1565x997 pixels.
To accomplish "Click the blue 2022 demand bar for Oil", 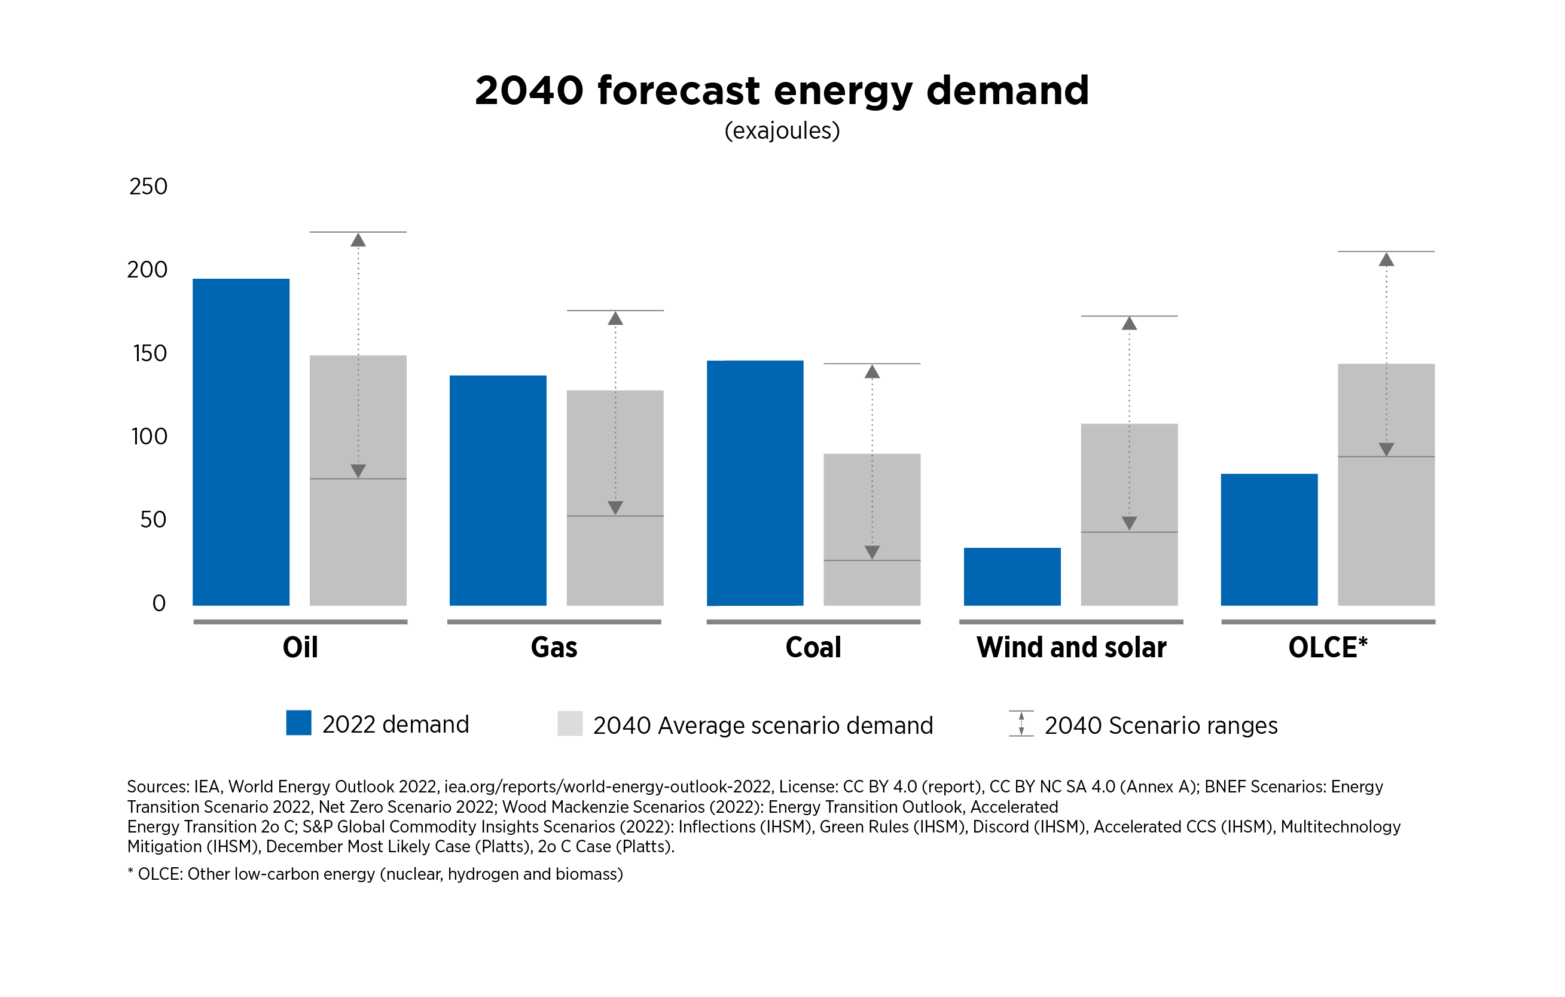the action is [x=240, y=442].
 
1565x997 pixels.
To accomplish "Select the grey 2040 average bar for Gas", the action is [x=615, y=498].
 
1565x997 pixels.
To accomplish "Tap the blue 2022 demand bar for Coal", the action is [x=755, y=483].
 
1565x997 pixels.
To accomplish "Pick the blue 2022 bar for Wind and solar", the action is [x=1012, y=577].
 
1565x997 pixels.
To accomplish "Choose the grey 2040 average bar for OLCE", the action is [x=1386, y=484].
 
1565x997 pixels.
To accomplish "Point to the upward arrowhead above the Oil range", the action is [x=358, y=240].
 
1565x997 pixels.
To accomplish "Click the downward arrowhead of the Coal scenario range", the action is [x=871, y=552].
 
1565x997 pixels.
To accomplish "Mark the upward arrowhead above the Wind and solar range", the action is [x=1129, y=324].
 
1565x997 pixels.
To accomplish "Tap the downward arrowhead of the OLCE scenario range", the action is [x=1386, y=449].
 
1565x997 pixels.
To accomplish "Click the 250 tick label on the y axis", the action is [x=148, y=187].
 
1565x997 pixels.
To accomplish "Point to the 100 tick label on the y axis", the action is [x=150, y=436].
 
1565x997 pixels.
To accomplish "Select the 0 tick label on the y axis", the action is [x=158, y=603].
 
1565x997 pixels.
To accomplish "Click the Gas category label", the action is [x=554, y=647].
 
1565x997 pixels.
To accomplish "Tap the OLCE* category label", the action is [x=1328, y=647].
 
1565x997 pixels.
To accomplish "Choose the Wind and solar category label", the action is [x=1071, y=647].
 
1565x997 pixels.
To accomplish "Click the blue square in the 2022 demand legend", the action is [x=298, y=722].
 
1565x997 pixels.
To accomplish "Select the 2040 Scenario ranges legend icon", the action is [x=1021, y=723].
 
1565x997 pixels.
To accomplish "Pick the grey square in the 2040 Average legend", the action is [x=569, y=723].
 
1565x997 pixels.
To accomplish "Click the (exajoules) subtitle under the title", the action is [x=782, y=130].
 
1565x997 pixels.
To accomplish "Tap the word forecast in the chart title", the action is [x=678, y=90].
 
